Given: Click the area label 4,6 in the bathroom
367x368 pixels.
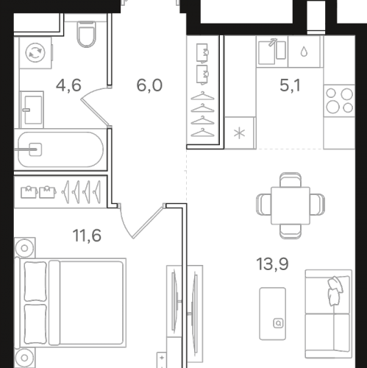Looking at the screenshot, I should pos(69,85).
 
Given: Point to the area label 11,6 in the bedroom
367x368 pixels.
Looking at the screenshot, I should pos(88,237).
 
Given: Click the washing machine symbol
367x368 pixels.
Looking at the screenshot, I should pos(34,52).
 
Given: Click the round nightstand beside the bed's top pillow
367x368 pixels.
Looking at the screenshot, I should pos(25,245).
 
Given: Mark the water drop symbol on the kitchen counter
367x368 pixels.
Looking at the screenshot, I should pos(303,52).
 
